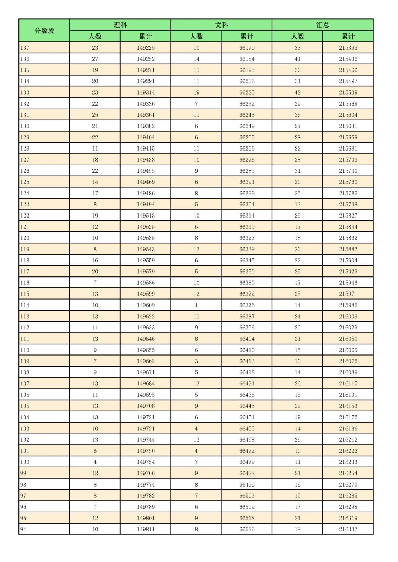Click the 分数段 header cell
44,31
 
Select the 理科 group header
120,25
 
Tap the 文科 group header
221,25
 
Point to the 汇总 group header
322,25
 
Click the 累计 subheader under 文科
247,36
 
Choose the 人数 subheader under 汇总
297,36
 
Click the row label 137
25,48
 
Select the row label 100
25,462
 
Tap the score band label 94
23,529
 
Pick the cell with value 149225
146,48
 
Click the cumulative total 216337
348,529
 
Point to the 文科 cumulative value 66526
247,529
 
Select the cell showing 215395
348,48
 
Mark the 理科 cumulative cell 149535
146,238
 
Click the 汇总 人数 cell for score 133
297,92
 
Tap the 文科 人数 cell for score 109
196,361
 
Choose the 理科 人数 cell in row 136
95,59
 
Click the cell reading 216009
348,316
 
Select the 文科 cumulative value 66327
247,238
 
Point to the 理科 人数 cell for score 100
95,462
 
